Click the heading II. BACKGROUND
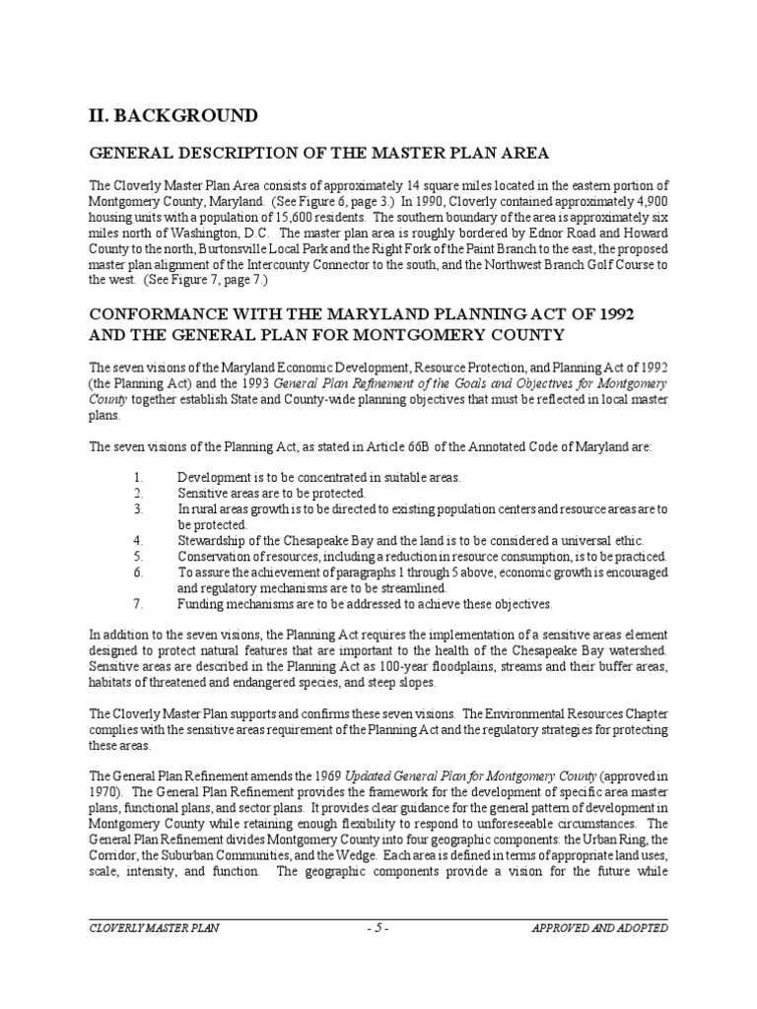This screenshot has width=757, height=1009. (x=174, y=116)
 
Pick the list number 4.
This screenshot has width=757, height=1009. (x=138, y=541)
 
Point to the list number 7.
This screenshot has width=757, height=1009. (x=138, y=604)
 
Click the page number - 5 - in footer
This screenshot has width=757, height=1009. (x=378, y=927)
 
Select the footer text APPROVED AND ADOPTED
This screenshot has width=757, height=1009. (x=599, y=927)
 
